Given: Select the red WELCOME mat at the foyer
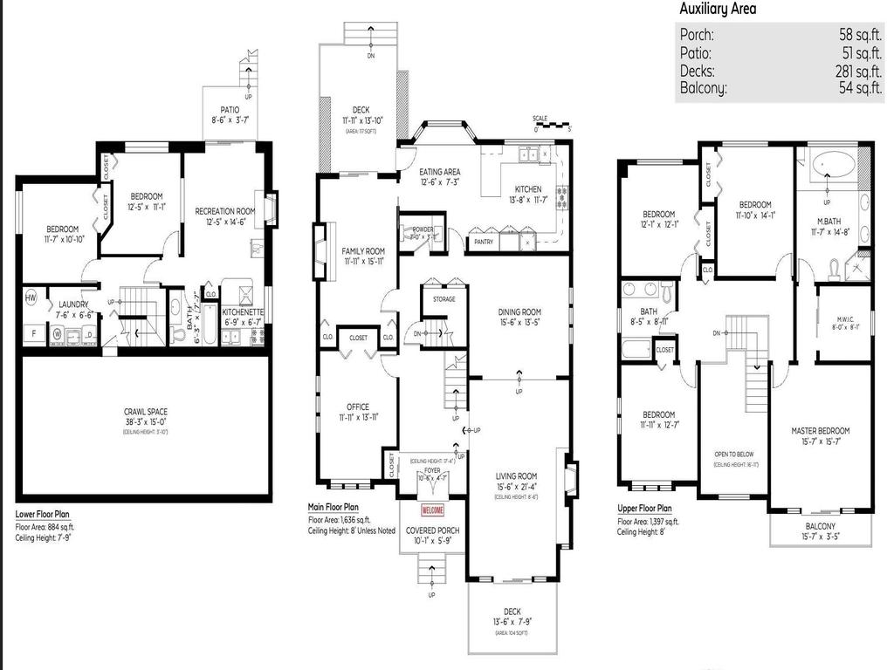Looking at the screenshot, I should [432, 510].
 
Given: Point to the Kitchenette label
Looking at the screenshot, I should [241, 311].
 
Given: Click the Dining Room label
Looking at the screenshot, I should [519, 312].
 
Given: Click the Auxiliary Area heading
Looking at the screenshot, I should [718, 10].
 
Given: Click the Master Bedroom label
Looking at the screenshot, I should [820, 431].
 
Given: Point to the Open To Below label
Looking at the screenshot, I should [734, 455].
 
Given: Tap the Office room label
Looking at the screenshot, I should [357, 407].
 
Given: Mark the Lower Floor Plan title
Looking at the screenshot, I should [44, 515].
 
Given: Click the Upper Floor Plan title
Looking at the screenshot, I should [644, 509].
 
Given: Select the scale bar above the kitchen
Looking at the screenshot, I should [552, 124].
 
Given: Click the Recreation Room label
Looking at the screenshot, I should [224, 211].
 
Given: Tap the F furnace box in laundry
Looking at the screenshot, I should [33, 333].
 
